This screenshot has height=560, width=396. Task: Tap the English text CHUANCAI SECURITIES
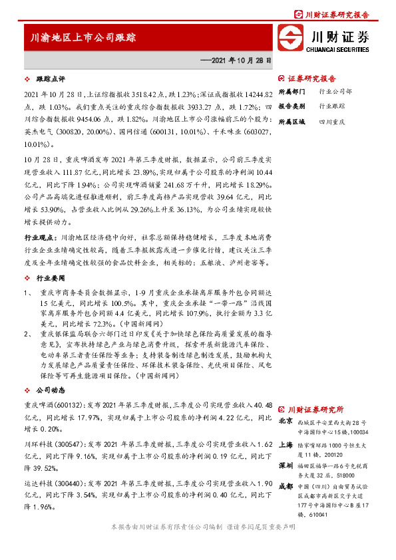pyautogui.click(x=339, y=49)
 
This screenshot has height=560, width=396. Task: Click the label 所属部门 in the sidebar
pyautogui.click(x=291, y=91)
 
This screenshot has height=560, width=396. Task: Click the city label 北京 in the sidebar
pyautogui.click(x=286, y=421)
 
